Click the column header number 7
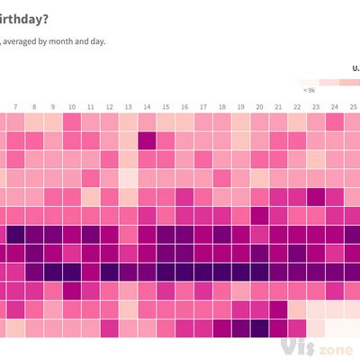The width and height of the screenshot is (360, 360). (14, 106)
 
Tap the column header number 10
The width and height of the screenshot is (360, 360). (71, 106)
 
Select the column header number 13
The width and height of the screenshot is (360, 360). (128, 106)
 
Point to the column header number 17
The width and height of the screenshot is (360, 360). (203, 106)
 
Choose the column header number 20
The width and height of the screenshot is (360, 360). (259, 106)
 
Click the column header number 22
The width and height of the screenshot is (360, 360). (297, 106)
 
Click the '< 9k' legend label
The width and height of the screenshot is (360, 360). (310, 90)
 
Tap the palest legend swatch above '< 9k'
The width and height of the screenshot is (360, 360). (310, 81)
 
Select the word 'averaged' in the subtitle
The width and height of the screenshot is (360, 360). (27, 41)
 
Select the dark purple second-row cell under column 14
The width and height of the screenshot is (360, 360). (147, 139)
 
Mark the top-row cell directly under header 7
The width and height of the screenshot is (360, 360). (14, 121)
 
